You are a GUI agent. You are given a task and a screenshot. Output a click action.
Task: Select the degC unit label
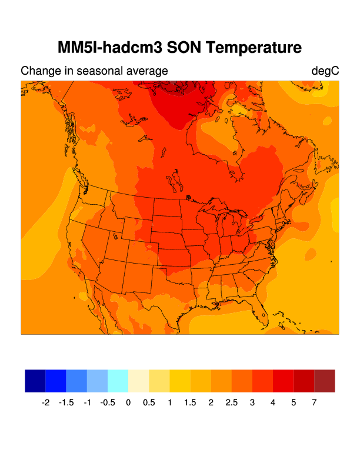pos(325,71)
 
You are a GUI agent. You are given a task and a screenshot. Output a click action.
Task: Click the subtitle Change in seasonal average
pos(94,71)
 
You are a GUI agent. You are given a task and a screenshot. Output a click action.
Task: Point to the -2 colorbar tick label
pos(45,403)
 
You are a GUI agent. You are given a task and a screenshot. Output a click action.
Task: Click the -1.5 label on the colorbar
pos(66,403)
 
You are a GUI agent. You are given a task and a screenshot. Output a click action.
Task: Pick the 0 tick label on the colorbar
pos(128,403)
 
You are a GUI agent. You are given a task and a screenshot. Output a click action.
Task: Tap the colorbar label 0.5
pos(149,403)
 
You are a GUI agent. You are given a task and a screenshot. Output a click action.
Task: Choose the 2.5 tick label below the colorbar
pos(232,403)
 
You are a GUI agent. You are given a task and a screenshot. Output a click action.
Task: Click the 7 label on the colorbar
pos(315,403)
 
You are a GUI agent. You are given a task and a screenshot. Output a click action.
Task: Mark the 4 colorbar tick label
pos(273,403)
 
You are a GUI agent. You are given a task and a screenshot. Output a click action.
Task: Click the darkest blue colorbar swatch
pos(35,381)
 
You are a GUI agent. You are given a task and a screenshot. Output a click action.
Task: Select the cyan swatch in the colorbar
pos(118,381)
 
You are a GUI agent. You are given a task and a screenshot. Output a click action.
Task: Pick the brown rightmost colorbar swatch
pos(325,381)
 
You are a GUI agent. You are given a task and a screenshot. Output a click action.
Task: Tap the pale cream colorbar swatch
pos(139,381)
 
